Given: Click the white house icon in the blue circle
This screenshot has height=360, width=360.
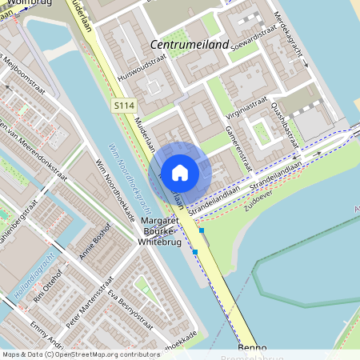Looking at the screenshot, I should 180,172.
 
